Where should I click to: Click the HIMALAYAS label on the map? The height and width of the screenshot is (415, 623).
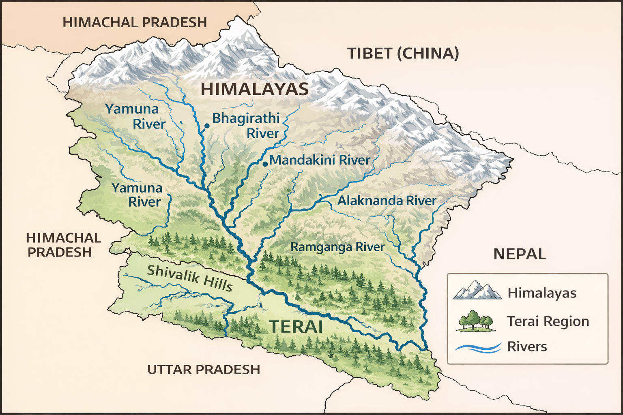pyautogui.click(x=255, y=89)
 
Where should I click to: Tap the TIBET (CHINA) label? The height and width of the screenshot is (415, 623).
pyautogui.click(x=403, y=53)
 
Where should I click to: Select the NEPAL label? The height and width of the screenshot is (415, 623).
pyautogui.click(x=520, y=254)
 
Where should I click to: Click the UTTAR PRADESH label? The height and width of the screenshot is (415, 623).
pyautogui.click(x=204, y=370)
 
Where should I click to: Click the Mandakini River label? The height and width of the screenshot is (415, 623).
pyautogui.click(x=320, y=160)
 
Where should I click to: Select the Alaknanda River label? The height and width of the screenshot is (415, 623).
pyautogui.click(x=387, y=201)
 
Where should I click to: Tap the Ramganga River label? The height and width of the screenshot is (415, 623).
pyautogui.click(x=337, y=247)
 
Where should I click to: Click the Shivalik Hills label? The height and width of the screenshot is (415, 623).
pyautogui.click(x=190, y=278)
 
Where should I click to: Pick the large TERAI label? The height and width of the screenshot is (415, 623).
pyautogui.click(x=296, y=327)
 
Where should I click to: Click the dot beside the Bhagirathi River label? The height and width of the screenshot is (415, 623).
pyautogui.click(x=206, y=126)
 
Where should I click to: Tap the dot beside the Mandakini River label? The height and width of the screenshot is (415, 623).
pyautogui.click(x=265, y=164)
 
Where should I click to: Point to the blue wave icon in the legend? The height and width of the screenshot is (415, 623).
pyautogui.click(x=478, y=347)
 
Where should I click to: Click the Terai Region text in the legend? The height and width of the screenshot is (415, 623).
pyautogui.click(x=548, y=321)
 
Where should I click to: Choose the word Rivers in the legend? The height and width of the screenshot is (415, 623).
pyautogui.click(x=527, y=347)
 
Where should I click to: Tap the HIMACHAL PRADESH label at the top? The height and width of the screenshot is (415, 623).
pyautogui.click(x=135, y=22)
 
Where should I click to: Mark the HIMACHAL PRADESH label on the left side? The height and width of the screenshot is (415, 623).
pyautogui.click(x=63, y=245)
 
